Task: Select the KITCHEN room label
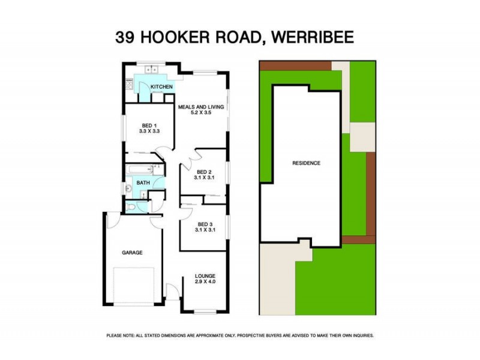[161, 88]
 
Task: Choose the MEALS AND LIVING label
[201, 107]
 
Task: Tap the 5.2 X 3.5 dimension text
[201, 113]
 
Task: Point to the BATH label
[143, 183]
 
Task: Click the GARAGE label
[133, 253]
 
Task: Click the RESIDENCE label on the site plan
[306, 163]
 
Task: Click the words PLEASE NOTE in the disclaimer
[120, 335]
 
